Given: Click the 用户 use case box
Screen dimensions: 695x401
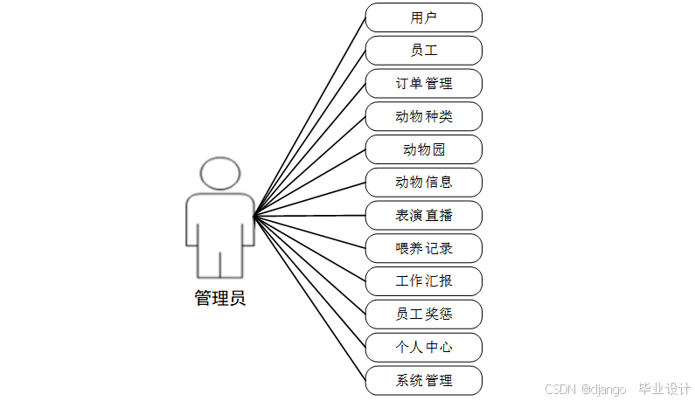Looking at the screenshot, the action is pos(423,17).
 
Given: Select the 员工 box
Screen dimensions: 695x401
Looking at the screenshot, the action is pos(423,51).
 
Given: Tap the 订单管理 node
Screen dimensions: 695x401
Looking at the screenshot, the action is pos(423,84).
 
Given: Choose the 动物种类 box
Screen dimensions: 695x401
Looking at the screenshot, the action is pos(423,116).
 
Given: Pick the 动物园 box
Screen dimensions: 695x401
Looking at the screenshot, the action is pos(423,149).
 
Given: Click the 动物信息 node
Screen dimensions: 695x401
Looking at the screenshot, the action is pos(423,183).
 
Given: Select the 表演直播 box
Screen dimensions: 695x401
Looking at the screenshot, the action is pos(423,215).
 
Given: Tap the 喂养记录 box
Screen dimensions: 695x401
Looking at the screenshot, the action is pos(423,248).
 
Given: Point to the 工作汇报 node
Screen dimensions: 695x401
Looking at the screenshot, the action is pos(423,281).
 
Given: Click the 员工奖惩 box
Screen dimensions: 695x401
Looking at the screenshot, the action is pos(423,314).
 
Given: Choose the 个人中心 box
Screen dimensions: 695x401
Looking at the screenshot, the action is pos(423,347).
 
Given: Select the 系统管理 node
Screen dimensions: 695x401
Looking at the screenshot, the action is pos(423,380).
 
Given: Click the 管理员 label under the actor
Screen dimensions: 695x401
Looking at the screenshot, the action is pos(219,298).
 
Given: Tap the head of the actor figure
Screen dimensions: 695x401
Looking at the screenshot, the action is pos(219,173).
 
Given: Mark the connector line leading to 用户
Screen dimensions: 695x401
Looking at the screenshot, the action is pos(309,116).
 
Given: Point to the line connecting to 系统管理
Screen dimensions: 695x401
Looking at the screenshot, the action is pos(309,298).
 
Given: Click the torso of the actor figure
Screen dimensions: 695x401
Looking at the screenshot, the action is pos(219,223).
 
